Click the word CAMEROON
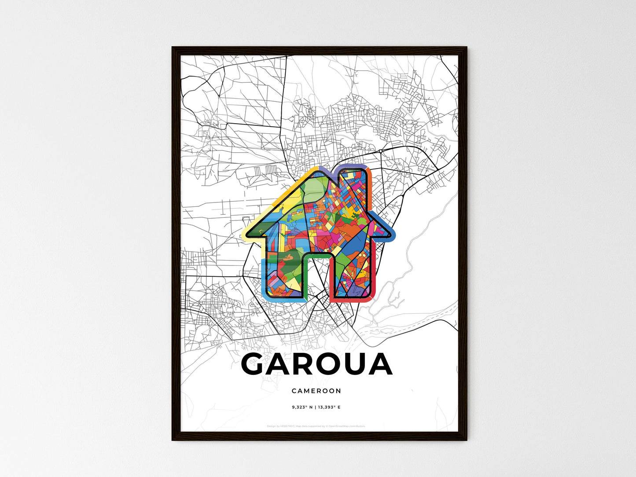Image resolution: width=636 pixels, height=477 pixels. [316, 391]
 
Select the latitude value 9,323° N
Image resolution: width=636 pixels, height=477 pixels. [302, 407]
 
